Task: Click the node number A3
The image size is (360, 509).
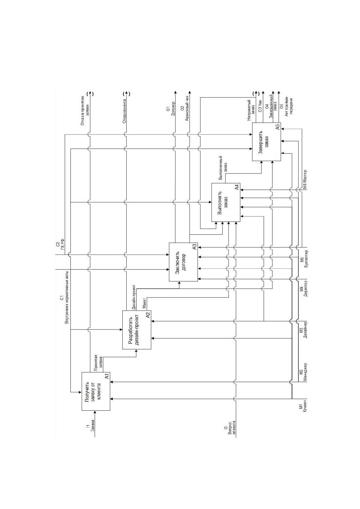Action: point(194,247)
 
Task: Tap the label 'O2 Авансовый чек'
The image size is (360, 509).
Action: point(184,111)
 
